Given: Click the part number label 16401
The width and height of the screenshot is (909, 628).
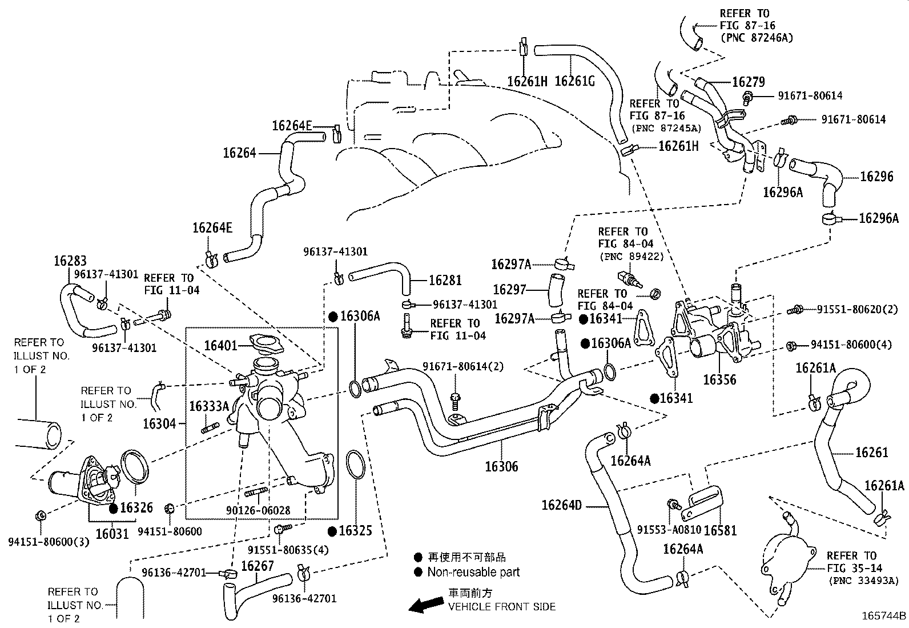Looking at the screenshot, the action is pos(220,346).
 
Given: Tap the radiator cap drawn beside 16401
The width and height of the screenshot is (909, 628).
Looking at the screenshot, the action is pos(267,343).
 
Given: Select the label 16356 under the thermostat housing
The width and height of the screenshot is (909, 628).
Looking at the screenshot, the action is pos(719,380).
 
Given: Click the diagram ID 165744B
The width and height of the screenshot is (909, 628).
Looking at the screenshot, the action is pos(884,616).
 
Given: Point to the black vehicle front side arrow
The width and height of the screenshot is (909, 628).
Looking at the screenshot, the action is pos(426,605).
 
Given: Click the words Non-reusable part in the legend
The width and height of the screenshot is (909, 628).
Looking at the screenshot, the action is pos(473,572).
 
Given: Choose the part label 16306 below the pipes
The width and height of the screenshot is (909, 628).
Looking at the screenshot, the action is pos(501,466).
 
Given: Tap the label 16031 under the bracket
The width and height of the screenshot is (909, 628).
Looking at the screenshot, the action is pos(112,534).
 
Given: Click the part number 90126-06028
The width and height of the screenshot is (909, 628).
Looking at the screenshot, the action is pos(258,511).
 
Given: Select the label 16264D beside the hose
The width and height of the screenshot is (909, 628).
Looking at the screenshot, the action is pos(562,505).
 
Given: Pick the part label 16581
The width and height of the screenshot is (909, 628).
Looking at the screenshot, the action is pos(720,530).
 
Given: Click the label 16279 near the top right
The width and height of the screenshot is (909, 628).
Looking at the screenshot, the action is pos(749,82).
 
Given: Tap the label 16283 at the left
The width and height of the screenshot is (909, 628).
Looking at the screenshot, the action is pos(70,261).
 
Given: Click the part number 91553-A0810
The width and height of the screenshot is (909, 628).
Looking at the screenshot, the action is pos(669,530).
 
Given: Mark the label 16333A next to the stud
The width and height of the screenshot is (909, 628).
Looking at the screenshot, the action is pos(209,406).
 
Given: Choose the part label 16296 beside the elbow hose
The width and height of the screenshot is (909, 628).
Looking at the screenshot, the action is pos(876,177).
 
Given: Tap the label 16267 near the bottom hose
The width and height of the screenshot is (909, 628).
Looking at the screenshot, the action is pos(258,566).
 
